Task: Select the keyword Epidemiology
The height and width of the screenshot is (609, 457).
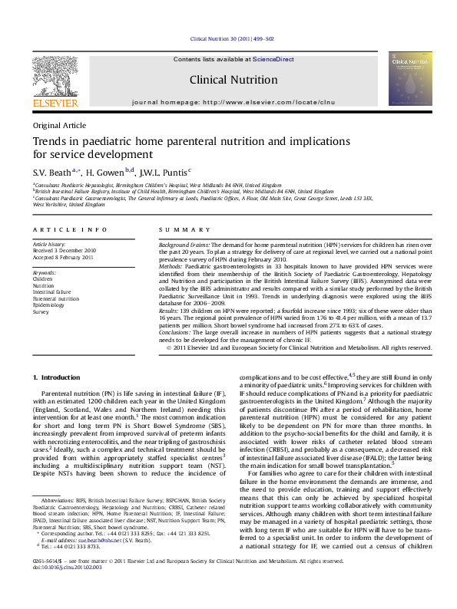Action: (48, 306)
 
